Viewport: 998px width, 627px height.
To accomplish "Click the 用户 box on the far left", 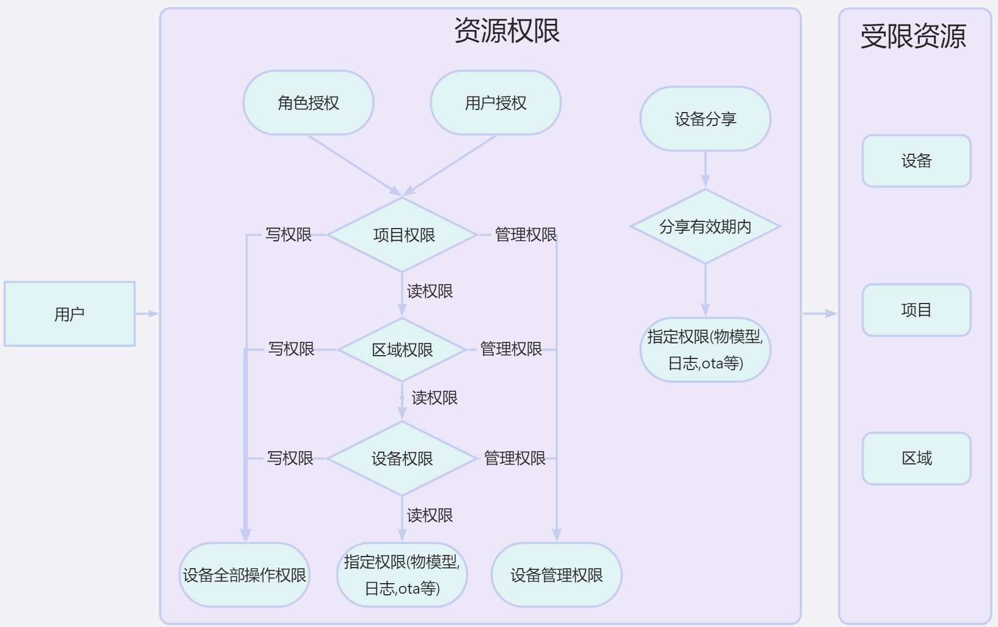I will click(x=69, y=314).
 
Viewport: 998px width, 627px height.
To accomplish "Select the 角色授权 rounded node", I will click(x=308, y=103).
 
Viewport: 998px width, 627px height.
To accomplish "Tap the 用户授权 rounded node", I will click(x=496, y=103).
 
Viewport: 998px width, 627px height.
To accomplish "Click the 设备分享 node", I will click(x=705, y=119).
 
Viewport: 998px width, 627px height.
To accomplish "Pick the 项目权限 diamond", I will click(x=402, y=235).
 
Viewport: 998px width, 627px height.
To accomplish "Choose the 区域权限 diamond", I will click(x=402, y=350).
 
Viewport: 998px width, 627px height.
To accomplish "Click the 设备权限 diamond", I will click(x=402, y=458).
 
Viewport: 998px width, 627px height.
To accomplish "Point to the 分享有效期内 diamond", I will click(x=705, y=226).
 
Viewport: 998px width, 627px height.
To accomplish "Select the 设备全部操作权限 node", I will click(x=244, y=575).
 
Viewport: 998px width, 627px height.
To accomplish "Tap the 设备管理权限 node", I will click(x=556, y=575).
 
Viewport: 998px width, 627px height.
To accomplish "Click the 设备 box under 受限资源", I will click(x=916, y=161).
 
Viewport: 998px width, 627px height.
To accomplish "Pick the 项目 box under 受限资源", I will click(x=916, y=310).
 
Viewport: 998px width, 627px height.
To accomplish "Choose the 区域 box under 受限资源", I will click(x=916, y=458).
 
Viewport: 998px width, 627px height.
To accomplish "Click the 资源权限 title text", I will click(x=507, y=31).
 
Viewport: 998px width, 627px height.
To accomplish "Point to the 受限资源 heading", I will click(x=913, y=36).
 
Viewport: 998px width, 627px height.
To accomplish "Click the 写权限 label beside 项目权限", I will click(x=288, y=235).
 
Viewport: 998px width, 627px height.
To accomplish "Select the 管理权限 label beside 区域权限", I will click(x=511, y=349).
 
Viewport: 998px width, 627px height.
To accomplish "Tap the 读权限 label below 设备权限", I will click(x=430, y=515).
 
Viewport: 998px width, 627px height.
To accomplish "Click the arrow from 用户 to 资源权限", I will click(x=147, y=314).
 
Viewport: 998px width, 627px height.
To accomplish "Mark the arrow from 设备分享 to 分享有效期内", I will click(x=705, y=169).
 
